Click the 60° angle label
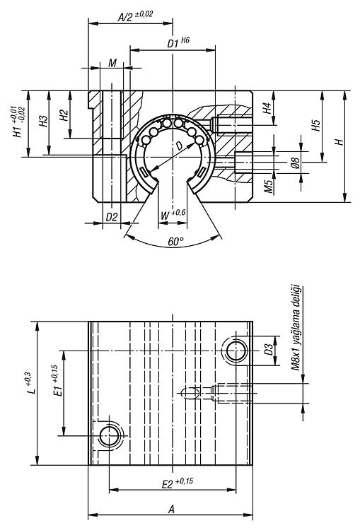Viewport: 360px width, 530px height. pos(175,242)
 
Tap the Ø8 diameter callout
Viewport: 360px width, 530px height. pos(295,163)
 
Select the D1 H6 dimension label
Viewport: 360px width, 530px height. pos(178,43)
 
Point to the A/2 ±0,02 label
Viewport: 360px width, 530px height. pos(135,16)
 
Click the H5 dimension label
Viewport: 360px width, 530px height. pos(315,126)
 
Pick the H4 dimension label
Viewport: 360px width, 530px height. pos(267,108)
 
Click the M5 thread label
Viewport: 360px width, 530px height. pos(269,187)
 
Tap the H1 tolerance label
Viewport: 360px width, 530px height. pos(18,122)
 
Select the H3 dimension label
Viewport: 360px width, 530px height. pos(43,122)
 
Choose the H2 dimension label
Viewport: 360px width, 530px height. pos(64,115)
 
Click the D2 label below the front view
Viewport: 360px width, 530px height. pos(111,217)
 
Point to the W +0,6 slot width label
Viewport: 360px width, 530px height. pos(173,214)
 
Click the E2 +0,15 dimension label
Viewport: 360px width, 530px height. pos(178,483)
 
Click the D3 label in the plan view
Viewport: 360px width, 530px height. pos(268,350)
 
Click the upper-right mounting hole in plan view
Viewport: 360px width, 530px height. pos(236,351)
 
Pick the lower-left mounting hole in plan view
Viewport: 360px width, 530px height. pos(110,435)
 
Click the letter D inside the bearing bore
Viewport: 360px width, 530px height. pos(179,146)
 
